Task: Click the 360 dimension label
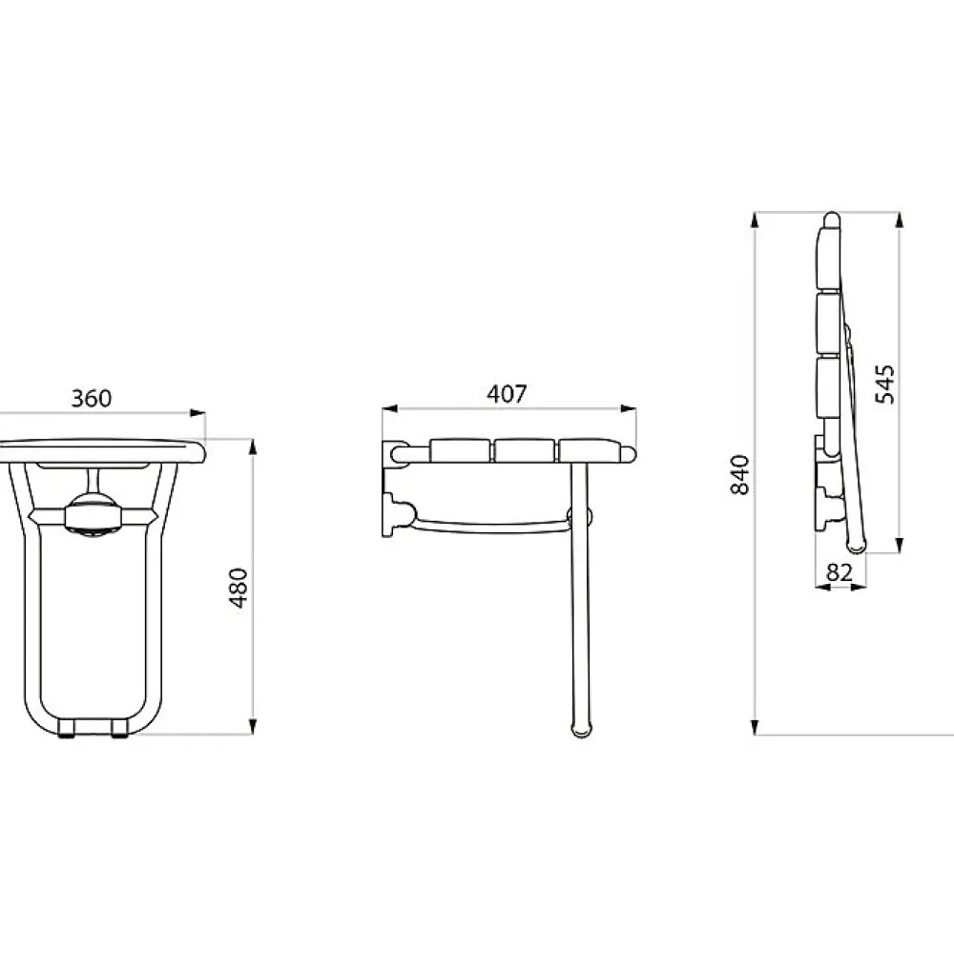coord(92,399)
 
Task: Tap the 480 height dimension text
coord(238,588)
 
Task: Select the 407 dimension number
coord(507,394)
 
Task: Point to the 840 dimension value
coord(740,474)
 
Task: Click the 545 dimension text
coord(885,384)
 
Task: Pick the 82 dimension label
coord(840,572)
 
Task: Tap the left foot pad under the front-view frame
coord(67,729)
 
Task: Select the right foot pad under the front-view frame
coord(120,729)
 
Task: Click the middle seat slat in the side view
coord(525,451)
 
